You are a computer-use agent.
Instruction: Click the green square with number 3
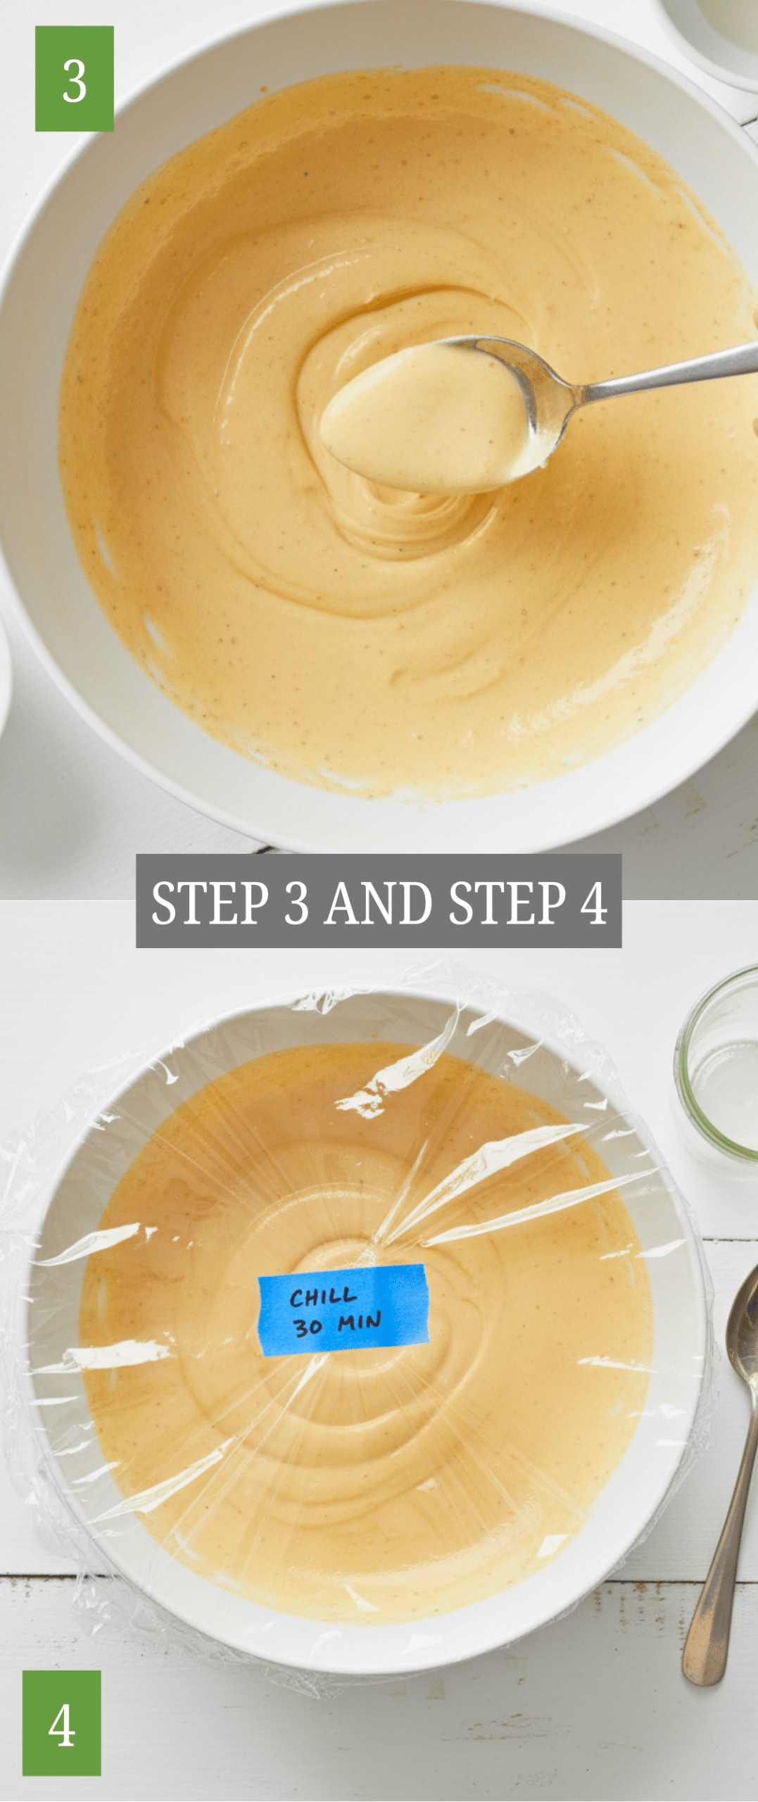(x=75, y=79)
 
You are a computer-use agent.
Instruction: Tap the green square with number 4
(x=62, y=1722)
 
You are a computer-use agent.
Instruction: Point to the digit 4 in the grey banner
(x=595, y=903)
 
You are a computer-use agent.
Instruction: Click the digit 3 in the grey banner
(x=297, y=903)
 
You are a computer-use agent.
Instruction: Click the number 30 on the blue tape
(x=308, y=1327)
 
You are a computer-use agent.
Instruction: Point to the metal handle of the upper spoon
(x=669, y=374)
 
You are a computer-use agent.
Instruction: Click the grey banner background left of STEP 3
(x=144, y=902)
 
